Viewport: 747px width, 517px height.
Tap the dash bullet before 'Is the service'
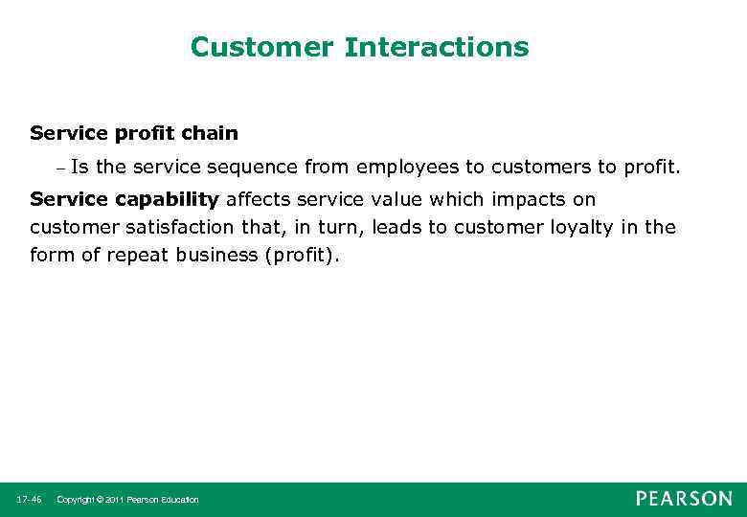point(58,169)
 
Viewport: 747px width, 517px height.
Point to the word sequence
point(251,169)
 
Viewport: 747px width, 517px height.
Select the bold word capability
point(168,199)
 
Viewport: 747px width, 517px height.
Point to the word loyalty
point(585,227)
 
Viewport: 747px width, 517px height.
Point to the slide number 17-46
point(29,500)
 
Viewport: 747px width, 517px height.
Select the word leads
point(398,227)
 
